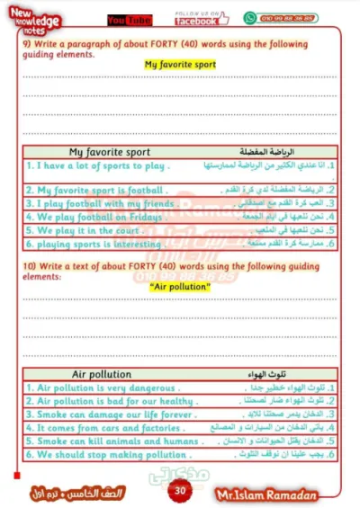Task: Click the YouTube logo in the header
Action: click(x=129, y=19)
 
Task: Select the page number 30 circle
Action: click(x=180, y=490)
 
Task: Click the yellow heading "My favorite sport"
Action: click(x=180, y=65)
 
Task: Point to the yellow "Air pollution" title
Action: click(x=181, y=286)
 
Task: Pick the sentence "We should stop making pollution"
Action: click(x=105, y=455)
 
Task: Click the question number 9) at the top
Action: click(x=28, y=43)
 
